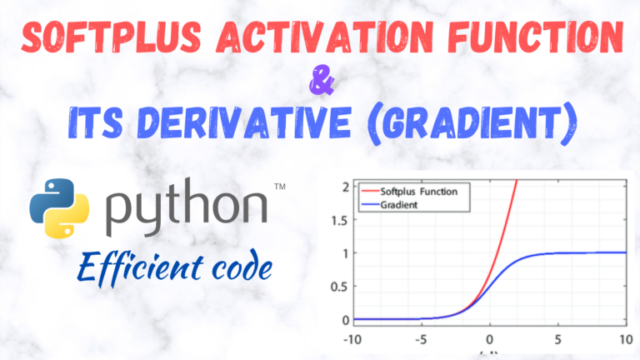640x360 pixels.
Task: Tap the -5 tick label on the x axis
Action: tap(422, 340)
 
